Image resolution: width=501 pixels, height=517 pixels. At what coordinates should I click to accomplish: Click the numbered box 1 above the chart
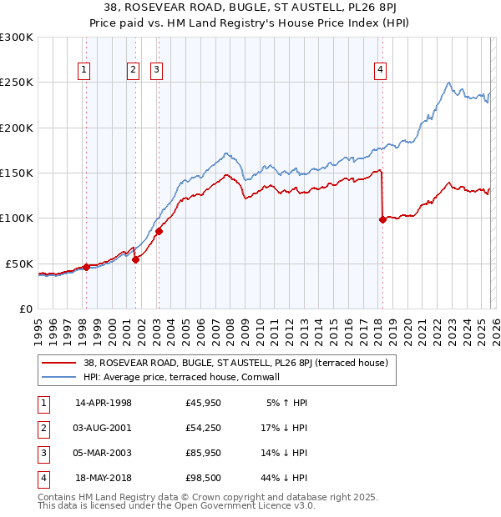85,71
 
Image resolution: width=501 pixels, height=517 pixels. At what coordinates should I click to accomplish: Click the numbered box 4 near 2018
380,71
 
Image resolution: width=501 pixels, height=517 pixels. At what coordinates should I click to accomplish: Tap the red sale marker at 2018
382,219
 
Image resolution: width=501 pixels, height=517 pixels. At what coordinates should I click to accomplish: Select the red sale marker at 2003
159,231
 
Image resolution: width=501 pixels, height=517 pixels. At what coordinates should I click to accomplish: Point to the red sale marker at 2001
135,259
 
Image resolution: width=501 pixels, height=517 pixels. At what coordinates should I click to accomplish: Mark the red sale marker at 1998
86,267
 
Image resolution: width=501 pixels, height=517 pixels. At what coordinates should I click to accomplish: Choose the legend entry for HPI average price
186,377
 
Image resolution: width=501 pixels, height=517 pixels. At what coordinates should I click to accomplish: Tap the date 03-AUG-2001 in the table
104,428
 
